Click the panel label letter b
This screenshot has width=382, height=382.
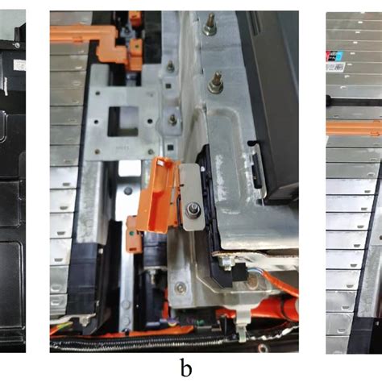pyautogui.click(x=186, y=369)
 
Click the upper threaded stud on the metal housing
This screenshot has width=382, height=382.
pyautogui.click(x=210, y=27)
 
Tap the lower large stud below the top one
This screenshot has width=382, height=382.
pyautogui.click(x=216, y=80)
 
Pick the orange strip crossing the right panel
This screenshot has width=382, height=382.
pyautogui.click(x=355, y=127)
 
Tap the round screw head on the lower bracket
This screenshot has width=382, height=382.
pyautogui.click(x=127, y=192)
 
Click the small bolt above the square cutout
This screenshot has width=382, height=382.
pyautogui.click(x=171, y=68)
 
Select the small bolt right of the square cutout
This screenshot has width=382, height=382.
pyautogui.click(x=172, y=119)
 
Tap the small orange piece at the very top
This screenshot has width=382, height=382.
pyautogui.click(x=135, y=16)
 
